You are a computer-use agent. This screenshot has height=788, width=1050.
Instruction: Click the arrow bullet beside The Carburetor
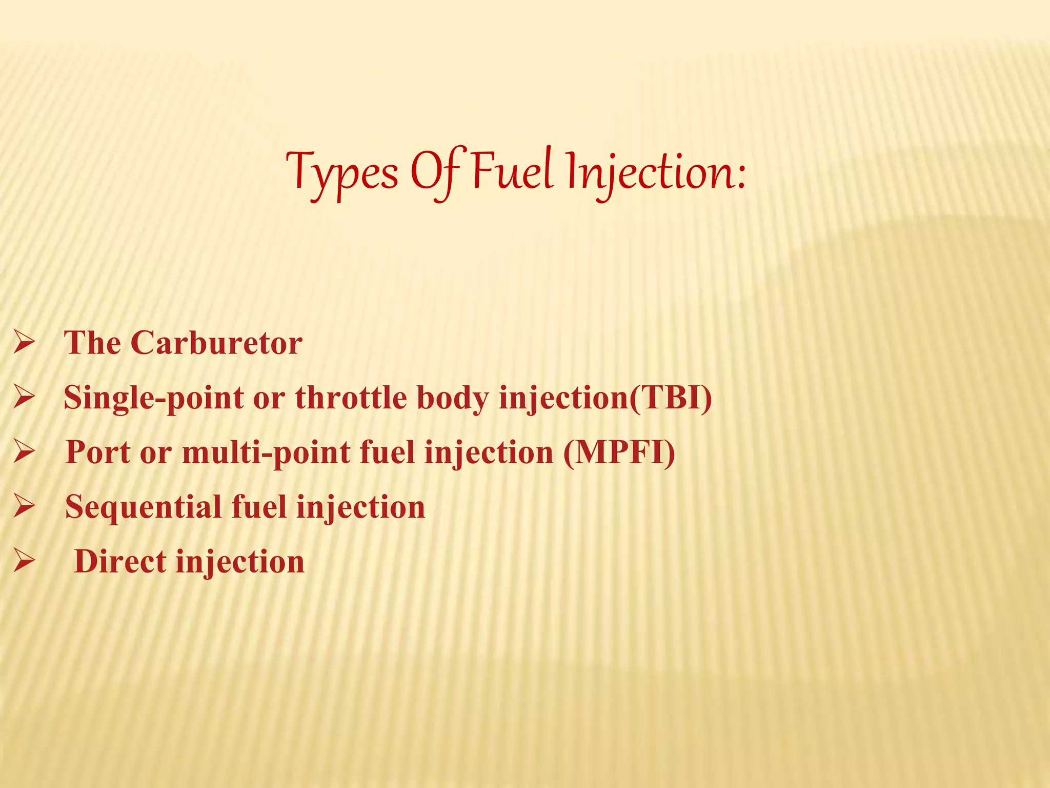pos(24,342)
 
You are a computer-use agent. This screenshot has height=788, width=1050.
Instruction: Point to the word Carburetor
pos(216,343)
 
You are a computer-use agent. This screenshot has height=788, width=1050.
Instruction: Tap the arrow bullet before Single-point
pos(24,397)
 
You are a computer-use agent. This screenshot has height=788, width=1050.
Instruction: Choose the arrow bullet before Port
pos(24,452)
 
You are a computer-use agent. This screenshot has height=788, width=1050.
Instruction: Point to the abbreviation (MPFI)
pos(619,452)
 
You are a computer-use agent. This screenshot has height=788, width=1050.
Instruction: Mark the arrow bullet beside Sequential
pos(24,506)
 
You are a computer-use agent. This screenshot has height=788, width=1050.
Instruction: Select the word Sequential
pos(143,507)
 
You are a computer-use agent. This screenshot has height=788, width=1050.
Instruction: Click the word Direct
pos(120,561)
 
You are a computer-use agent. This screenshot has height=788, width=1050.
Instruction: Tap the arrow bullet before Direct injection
pos(24,561)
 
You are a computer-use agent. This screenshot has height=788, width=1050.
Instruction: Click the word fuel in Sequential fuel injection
pos(259,507)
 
